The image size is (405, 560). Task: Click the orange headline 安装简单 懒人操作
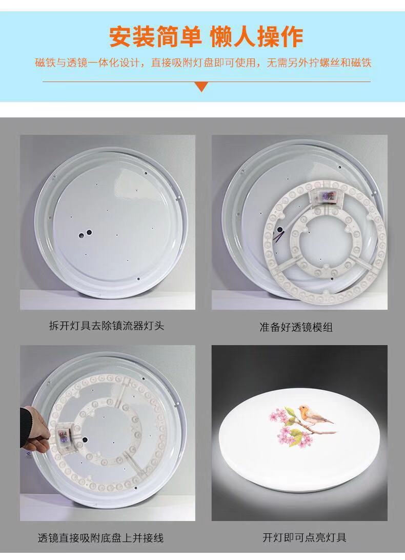click(206, 36)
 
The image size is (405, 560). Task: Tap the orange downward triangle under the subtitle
click(202, 87)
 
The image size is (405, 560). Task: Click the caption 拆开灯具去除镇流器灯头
click(107, 326)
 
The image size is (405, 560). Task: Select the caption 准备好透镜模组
click(296, 327)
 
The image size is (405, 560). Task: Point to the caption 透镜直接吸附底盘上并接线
click(100, 538)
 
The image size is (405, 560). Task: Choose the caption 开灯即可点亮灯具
click(305, 537)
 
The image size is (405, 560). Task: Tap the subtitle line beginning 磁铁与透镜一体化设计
click(203, 63)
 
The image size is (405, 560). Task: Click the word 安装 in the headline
click(132, 36)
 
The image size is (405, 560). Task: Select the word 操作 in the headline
click(280, 36)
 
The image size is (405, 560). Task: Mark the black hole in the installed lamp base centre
click(86, 440)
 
